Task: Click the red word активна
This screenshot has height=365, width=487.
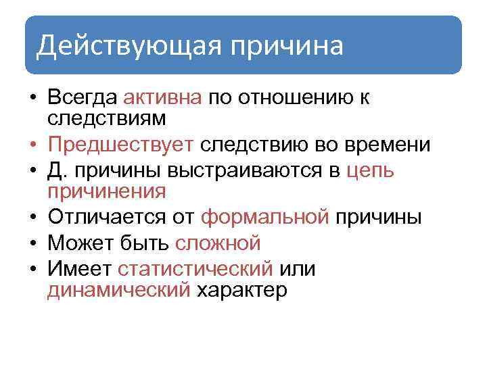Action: (163, 98)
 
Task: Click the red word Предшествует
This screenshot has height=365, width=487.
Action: (121, 145)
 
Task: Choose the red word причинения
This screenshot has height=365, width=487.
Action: (107, 191)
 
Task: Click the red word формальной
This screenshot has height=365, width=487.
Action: (266, 217)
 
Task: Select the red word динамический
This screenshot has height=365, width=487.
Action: (119, 290)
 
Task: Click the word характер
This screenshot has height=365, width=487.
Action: (241, 290)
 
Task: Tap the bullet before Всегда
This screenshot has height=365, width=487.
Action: (32, 98)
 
